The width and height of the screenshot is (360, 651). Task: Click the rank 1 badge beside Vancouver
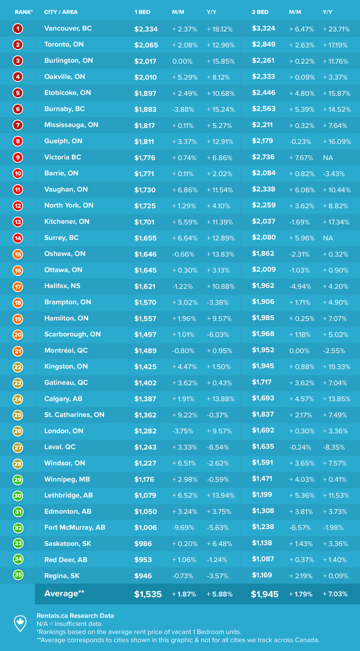coord(18,28)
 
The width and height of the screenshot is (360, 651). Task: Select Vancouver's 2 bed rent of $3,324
coord(263,28)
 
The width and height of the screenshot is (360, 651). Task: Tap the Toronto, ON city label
coord(64,44)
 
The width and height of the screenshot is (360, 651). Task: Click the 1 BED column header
coord(142,11)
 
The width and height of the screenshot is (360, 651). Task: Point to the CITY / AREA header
coord(61,11)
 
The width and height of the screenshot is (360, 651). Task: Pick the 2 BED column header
coord(260,11)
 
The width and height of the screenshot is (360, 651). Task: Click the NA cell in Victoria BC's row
coord(328,157)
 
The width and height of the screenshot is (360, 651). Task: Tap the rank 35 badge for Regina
coord(18,575)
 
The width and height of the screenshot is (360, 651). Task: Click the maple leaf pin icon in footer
coord(20,623)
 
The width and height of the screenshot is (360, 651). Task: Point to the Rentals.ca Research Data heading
coord(75,615)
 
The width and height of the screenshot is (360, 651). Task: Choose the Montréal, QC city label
coord(65,350)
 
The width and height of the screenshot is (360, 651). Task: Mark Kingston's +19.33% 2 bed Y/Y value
coord(336,366)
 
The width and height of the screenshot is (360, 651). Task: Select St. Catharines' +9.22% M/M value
coord(185,415)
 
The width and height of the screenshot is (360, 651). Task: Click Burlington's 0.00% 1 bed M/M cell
coord(183,61)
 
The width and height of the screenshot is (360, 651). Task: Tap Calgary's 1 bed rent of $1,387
coord(145,399)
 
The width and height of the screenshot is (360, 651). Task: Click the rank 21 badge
coord(18,350)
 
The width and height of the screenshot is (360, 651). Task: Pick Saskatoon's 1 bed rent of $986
coord(143,543)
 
